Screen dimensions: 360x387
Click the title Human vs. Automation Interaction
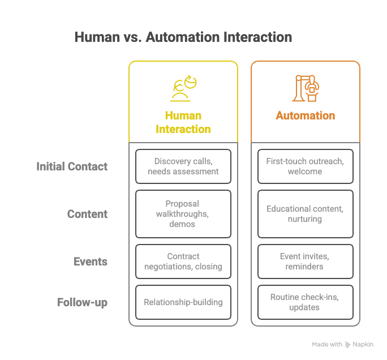pos(183,38)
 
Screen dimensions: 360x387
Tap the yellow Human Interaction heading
pos(183,122)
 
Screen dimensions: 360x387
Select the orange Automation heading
pos(306,115)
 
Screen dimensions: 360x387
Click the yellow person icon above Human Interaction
pos(184,88)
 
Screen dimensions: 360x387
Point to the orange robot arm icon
pos(305,88)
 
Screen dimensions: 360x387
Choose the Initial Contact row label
pos(72,166)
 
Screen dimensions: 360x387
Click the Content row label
pos(87,214)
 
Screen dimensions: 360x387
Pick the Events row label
pos(91,262)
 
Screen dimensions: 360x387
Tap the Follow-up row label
pos(82,302)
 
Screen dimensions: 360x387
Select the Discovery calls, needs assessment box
pos(183,166)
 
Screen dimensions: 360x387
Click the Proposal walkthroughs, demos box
pos(183,214)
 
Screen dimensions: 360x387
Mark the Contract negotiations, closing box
pos(183,262)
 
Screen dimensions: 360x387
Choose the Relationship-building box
pos(183,302)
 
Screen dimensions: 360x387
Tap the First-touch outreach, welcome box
pos(306,166)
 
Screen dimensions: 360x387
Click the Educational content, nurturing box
pos(306,214)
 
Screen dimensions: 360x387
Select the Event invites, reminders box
pos(306,262)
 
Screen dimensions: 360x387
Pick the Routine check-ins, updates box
pos(306,302)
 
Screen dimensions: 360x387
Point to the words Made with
pos(327,345)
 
